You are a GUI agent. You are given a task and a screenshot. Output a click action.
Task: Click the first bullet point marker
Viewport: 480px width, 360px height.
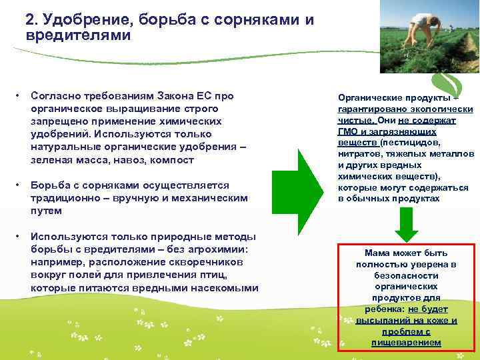click(19, 96)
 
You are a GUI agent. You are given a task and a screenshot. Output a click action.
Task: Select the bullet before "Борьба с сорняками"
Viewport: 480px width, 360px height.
click(19, 185)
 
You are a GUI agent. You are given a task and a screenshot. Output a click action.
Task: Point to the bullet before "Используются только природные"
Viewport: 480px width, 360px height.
click(19, 237)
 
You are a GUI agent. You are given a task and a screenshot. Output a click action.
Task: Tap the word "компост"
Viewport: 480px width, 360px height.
click(172, 160)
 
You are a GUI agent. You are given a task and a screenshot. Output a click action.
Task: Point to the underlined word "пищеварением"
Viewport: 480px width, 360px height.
click(406, 342)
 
